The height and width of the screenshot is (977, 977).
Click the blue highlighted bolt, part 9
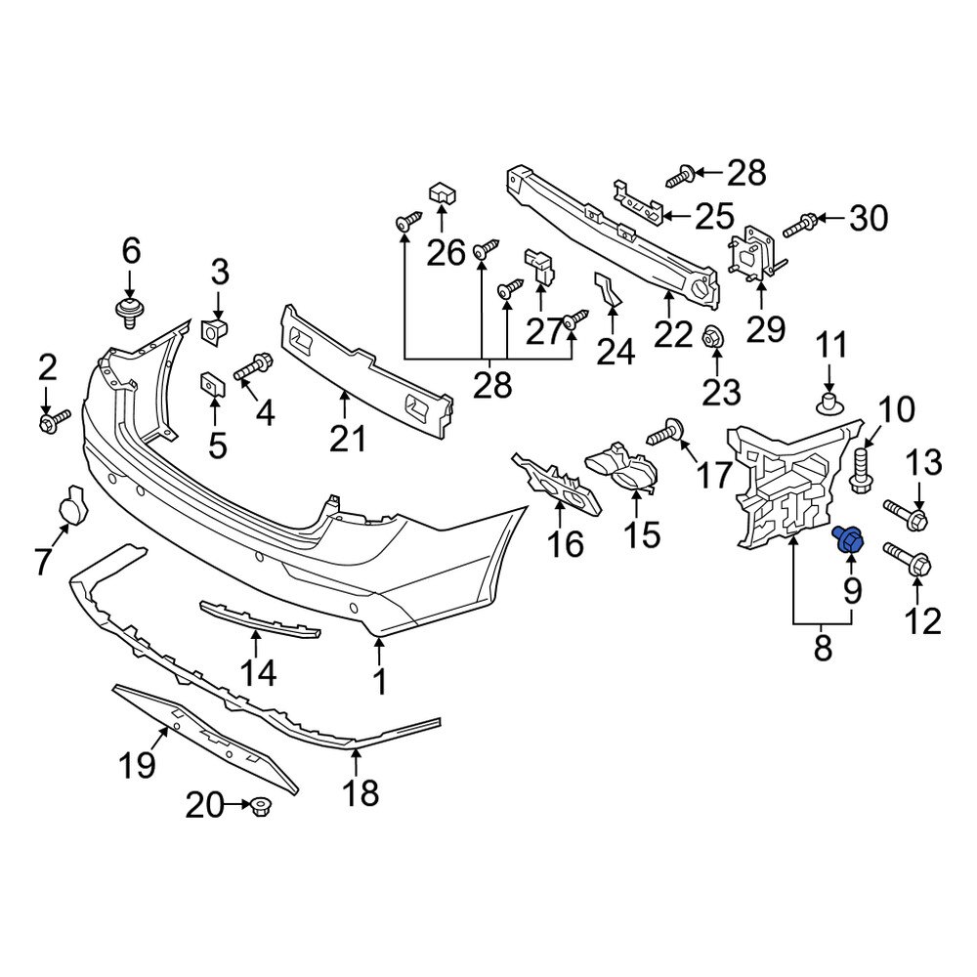point(848,540)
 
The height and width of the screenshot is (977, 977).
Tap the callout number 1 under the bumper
point(378,682)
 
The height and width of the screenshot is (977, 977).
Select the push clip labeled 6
point(127,314)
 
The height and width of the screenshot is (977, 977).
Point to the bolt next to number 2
point(53,422)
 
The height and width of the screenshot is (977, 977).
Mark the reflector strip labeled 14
point(260,618)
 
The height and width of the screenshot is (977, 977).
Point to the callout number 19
point(139,764)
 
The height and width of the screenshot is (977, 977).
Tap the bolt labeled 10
point(861,469)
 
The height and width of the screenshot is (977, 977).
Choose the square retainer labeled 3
point(215,330)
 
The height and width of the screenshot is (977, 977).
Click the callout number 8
point(822,645)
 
